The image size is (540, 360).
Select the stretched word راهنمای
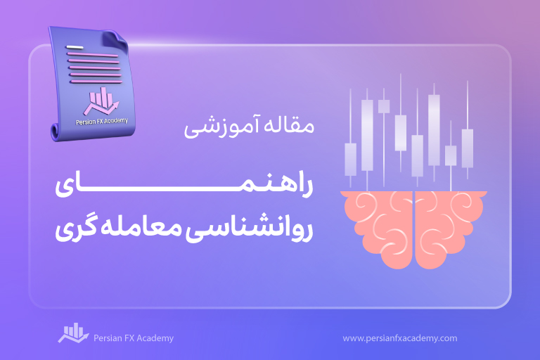[x=184, y=186]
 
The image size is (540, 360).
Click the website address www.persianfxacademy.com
[x=400, y=338]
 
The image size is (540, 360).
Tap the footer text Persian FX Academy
[x=134, y=338]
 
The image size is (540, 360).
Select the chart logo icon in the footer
[x=73, y=333]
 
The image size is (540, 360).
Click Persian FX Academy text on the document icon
[x=102, y=121]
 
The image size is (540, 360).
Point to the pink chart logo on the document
[x=101, y=101]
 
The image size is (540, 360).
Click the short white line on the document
[x=75, y=47]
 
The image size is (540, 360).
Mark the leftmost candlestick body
[x=351, y=160]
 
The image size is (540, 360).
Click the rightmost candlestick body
[x=468, y=148]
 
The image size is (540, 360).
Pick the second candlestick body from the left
[x=367, y=135]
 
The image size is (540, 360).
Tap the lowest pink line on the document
[x=96, y=82]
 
